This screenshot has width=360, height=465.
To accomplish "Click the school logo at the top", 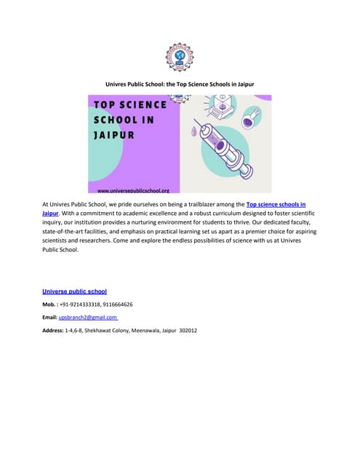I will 180,57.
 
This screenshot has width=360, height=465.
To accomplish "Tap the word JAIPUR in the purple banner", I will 113,135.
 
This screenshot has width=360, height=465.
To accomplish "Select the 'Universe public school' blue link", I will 74,291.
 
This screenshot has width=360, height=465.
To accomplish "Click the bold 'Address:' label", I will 53,331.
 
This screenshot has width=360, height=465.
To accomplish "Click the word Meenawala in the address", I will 148,331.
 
